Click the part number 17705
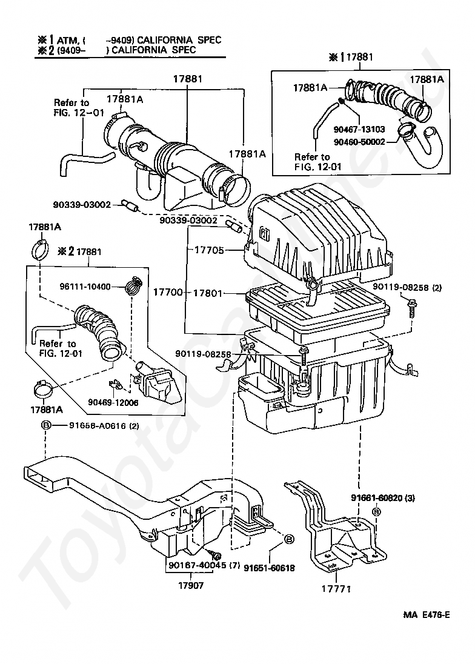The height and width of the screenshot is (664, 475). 209,250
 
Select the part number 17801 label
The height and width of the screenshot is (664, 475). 207,293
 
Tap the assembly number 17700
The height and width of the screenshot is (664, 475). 168,292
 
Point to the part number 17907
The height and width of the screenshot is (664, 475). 191,585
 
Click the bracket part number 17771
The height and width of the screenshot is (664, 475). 337,589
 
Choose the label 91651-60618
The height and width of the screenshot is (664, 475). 269,568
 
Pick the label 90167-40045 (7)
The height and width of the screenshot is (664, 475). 204,565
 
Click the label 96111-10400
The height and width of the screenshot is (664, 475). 85,287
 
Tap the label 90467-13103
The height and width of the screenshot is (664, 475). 359,129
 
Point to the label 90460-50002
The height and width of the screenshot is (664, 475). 359,142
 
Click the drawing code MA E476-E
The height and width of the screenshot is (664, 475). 427,615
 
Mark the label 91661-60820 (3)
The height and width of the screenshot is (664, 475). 383,498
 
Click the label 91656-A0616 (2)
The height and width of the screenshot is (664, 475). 104,425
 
